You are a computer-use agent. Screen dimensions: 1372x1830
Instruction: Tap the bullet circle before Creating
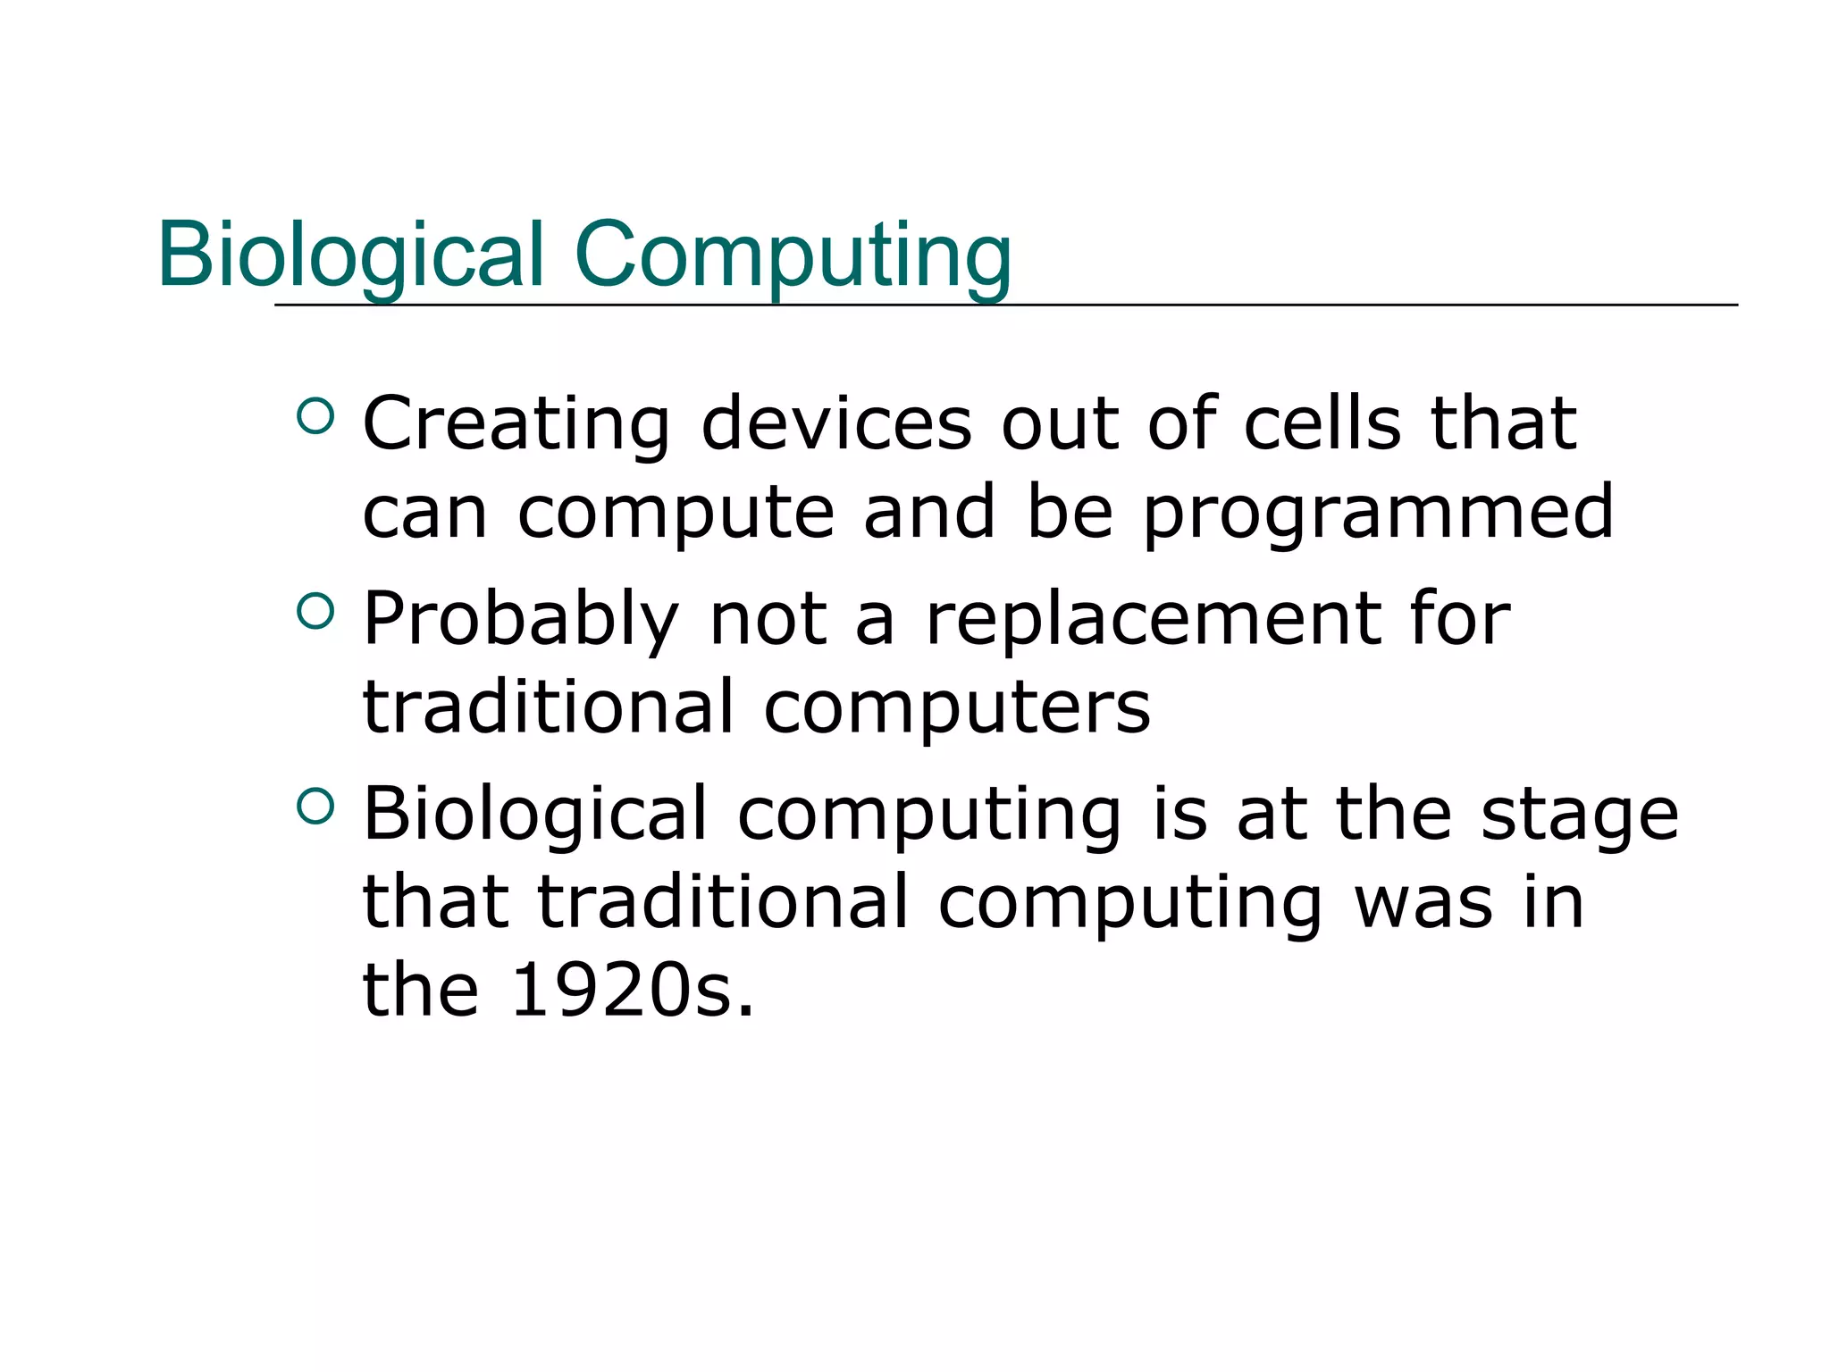(315, 415)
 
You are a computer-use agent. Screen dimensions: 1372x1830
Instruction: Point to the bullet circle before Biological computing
(315, 807)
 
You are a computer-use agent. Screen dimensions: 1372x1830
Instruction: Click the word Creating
(516, 423)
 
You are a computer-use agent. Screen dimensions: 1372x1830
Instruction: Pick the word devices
(835, 423)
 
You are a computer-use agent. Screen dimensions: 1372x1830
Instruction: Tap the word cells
(1322, 423)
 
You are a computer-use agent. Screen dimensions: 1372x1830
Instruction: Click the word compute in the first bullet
(676, 514)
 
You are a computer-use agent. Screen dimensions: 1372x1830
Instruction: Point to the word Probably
(521, 620)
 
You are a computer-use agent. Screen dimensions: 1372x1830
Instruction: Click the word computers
(957, 707)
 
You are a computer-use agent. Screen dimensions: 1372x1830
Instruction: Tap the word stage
(1579, 816)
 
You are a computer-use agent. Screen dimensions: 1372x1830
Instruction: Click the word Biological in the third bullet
(535, 814)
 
